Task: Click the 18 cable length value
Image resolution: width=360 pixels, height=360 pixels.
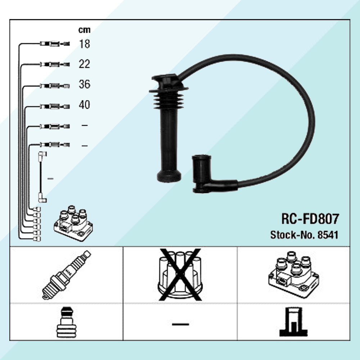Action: [84, 44]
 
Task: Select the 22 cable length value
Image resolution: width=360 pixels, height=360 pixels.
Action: [84, 64]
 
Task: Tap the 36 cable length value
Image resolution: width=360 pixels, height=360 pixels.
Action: [85, 84]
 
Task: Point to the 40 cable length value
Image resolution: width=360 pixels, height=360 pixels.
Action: [84, 105]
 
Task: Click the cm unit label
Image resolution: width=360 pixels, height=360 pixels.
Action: [84, 30]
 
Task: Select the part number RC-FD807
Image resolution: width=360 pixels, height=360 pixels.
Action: [310, 219]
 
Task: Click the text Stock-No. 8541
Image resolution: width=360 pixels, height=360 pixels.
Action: [304, 235]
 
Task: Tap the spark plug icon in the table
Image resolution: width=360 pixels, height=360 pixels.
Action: [66, 275]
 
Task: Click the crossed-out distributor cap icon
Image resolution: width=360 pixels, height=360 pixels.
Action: [180, 275]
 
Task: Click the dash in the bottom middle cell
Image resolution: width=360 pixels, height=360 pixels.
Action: [180, 324]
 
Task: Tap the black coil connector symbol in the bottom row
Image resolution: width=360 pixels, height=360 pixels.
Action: [293, 321]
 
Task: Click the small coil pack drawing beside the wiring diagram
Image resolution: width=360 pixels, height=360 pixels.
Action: [73, 223]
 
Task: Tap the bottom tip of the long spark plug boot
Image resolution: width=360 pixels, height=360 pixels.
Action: [169, 181]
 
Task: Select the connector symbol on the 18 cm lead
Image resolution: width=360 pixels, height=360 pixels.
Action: [55, 44]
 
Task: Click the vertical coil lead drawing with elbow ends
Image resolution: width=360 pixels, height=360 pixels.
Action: [42, 177]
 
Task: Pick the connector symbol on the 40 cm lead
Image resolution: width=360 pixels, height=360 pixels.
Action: [55, 106]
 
